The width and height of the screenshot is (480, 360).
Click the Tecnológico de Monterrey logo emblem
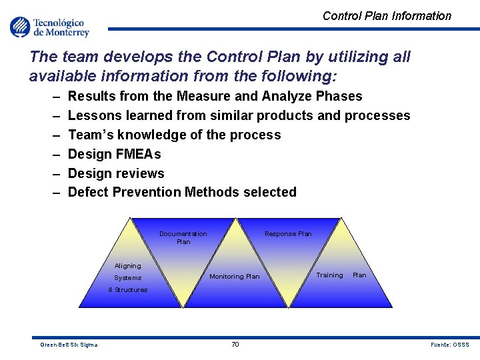coord(20,27)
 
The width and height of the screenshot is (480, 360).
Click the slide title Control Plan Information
coord(387,16)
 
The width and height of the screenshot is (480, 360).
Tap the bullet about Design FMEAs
coord(114,154)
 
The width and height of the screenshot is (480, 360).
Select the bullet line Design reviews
coord(116,173)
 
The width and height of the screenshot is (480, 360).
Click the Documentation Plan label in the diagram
coord(183,237)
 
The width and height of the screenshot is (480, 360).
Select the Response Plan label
coord(288,234)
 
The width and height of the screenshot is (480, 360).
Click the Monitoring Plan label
coord(235,276)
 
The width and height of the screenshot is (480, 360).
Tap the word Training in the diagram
coord(329,275)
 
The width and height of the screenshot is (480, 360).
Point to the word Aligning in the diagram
coord(128,265)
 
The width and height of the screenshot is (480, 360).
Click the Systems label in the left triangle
coord(128,277)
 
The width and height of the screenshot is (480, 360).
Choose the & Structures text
coord(128,290)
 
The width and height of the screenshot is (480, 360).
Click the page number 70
coord(235,344)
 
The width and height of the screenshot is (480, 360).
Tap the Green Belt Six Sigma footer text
coord(69,345)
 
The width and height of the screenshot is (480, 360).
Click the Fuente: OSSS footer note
coord(450,345)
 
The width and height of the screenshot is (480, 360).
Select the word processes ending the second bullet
coord(377,115)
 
